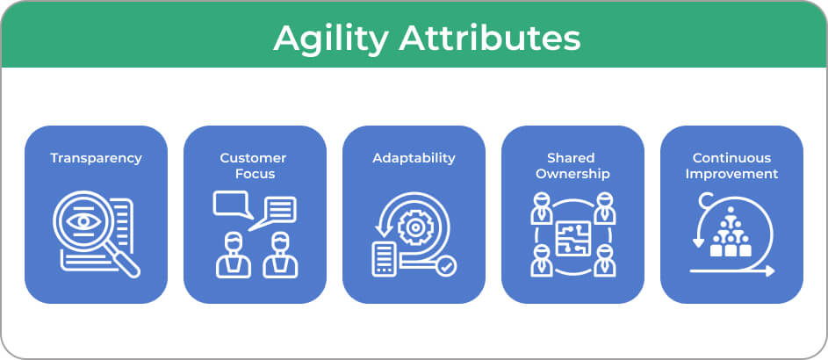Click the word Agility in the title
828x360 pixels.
331,39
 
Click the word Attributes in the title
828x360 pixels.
490,38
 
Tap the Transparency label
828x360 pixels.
96,158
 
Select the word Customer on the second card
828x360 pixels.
254,157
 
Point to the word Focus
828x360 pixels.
255,174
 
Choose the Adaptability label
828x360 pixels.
414,158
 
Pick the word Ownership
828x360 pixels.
573,174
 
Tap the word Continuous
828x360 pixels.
732,157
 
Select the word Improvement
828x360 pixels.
732,174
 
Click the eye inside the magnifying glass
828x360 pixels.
84,220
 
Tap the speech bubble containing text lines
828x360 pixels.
274,213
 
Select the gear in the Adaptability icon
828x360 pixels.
415,227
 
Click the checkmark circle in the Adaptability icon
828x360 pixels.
446,267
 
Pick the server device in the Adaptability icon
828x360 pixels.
384,259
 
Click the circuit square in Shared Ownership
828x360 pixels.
573,238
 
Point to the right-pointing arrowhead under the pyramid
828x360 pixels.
770,271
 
